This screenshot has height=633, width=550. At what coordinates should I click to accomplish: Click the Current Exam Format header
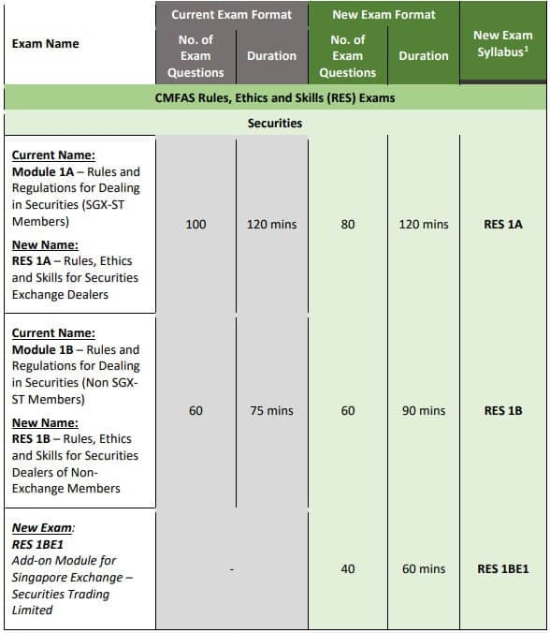pos(231,14)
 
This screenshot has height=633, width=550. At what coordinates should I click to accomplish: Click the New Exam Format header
pos(383,14)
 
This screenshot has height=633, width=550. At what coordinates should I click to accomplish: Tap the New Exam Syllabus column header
pos(503,43)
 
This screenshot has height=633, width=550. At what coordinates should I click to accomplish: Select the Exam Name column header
pos(45,43)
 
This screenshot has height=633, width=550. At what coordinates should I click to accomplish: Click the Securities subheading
pos(275,123)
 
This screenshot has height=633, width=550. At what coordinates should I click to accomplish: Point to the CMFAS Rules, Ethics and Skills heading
pos(275,97)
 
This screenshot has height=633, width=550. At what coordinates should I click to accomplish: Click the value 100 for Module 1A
pos(195,225)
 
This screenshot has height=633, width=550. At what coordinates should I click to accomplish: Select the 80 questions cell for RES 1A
pos(347,225)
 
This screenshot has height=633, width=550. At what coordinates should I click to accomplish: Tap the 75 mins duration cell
pos(271,411)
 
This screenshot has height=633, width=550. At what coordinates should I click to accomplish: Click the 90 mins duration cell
pos(423,411)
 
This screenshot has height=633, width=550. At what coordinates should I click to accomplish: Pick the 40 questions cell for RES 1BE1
pos(347,568)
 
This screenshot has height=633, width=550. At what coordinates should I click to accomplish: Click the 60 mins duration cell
pos(423,568)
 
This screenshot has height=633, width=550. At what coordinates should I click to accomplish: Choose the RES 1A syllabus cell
pos(503,225)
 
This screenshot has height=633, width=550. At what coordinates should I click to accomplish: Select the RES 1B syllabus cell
pos(503,411)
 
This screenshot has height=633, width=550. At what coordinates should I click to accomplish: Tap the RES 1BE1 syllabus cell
pos(503,568)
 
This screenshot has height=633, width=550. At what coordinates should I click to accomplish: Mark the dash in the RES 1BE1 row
pos(232,568)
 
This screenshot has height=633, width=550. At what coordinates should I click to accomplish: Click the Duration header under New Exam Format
pos(423,56)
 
